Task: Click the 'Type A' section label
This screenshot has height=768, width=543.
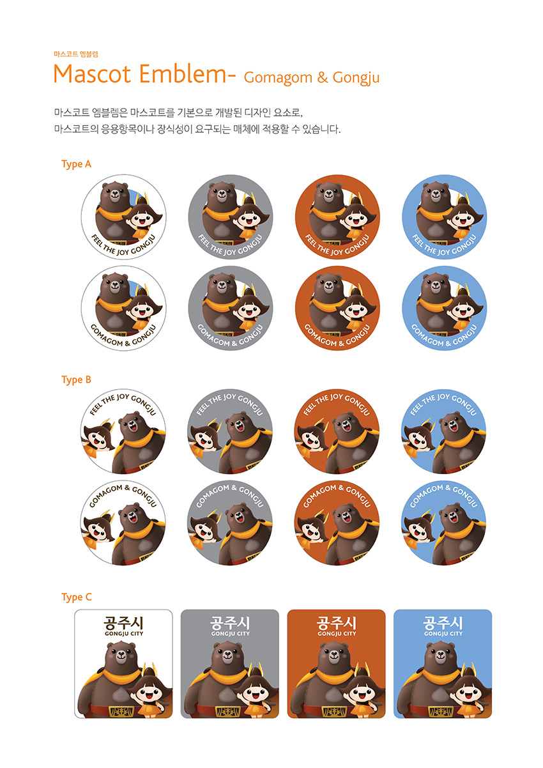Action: click(x=76, y=164)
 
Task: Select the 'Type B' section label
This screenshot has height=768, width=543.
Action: click(x=76, y=380)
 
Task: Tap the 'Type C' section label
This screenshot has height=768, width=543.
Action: click(x=76, y=597)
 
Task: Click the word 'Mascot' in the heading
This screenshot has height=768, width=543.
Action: click(x=93, y=74)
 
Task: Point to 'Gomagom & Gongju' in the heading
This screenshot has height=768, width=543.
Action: click(x=312, y=78)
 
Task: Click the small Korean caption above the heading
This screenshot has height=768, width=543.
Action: click(x=75, y=54)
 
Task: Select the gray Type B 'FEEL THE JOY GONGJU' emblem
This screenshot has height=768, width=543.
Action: click(x=231, y=431)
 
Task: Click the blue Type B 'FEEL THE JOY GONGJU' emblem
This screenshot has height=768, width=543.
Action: click(x=444, y=431)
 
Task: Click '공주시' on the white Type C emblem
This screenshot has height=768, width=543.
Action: click(x=123, y=622)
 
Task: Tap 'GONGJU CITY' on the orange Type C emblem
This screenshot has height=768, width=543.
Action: click(x=336, y=634)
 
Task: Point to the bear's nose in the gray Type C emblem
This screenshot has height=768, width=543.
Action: click(x=227, y=658)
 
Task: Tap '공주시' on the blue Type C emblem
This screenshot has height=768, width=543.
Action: click(x=443, y=622)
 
